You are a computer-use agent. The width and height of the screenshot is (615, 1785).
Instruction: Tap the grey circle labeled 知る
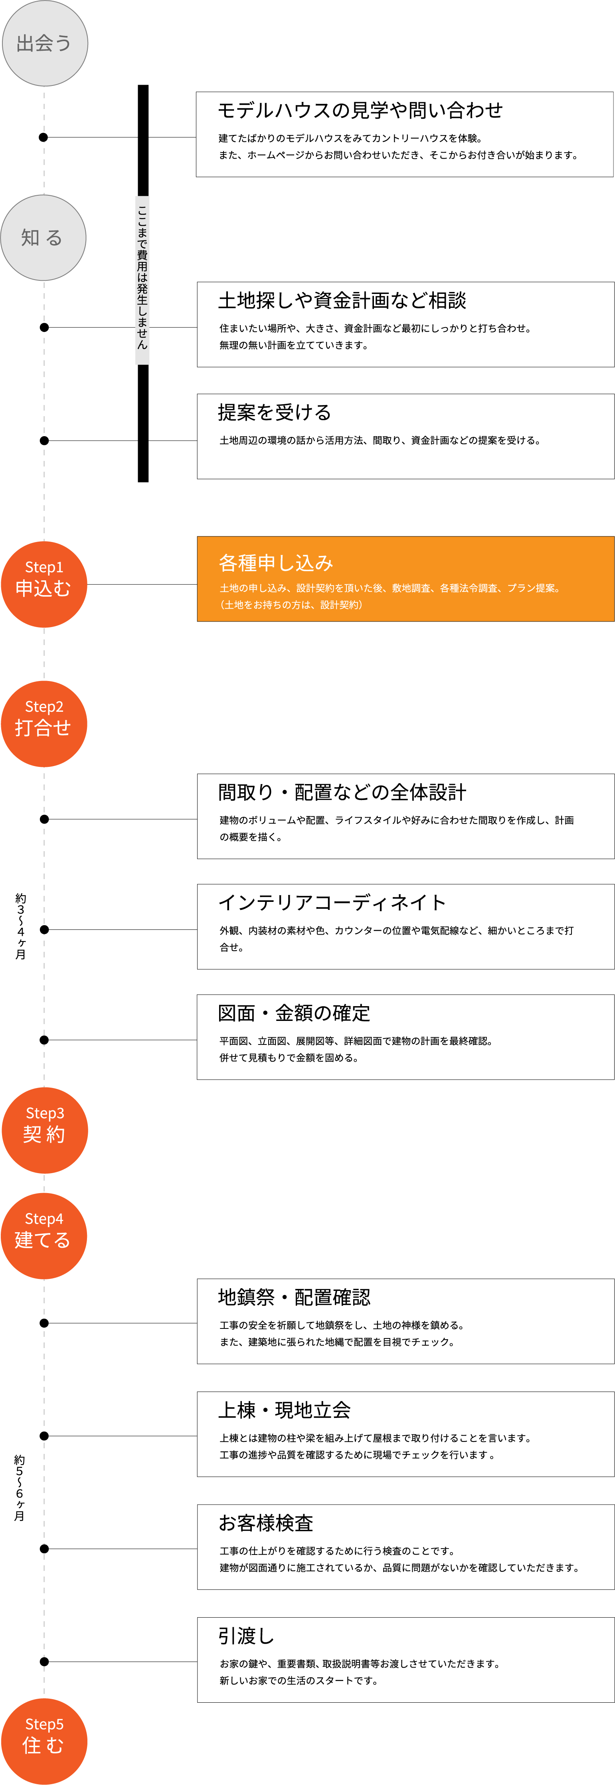point(43,238)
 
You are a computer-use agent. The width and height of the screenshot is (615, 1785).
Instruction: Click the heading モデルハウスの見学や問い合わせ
point(360,110)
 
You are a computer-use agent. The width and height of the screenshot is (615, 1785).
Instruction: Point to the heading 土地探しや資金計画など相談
point(342,300)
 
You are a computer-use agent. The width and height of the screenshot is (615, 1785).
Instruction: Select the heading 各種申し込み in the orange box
point(276,563)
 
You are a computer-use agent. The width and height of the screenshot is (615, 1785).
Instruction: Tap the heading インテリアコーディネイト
point(332,902)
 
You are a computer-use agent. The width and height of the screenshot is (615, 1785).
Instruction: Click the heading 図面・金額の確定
point(295,1013)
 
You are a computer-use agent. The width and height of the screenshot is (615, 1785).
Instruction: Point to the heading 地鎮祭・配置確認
point(295,1297)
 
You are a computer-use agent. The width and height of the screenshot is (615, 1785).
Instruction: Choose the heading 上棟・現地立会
point(285,1410)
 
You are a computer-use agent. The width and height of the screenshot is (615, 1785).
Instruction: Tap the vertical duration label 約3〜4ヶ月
point(21,927)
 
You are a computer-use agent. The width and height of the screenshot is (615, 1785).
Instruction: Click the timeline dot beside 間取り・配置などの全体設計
point(44,819)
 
